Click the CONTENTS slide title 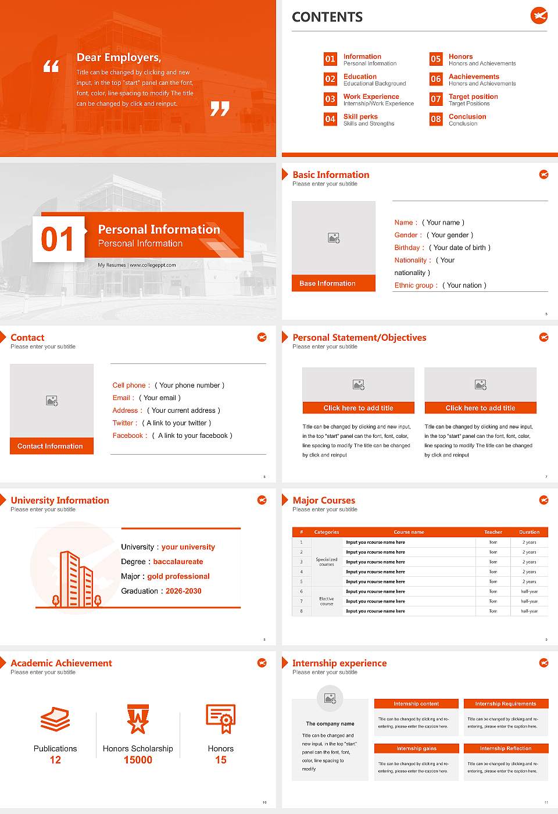327,17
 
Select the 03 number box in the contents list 330,99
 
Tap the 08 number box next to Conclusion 436,119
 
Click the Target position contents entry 473,97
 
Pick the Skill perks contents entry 360,116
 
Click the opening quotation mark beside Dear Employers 51,66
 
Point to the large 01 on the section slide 58,239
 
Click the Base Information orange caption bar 334,283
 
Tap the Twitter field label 125,423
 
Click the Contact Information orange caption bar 52,446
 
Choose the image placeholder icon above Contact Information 52,401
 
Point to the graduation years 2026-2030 184,591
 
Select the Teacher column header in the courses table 493,532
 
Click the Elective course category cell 327,601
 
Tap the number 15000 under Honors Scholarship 138,760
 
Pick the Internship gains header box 417,748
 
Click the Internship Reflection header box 506,748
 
